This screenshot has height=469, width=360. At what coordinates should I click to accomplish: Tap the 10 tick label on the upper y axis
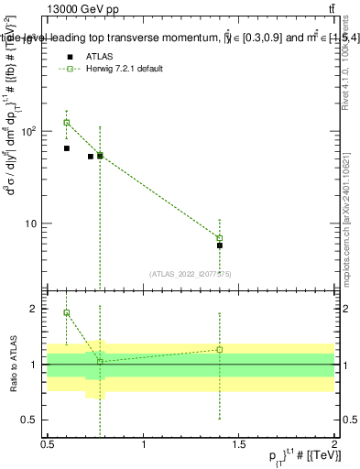(x=35, y=224)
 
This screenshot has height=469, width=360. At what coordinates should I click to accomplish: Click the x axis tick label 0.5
(x=48, y=443)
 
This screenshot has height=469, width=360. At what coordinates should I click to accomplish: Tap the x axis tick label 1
(x=144, y=443)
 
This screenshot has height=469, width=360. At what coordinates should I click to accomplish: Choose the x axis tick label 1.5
(x=239, y=443)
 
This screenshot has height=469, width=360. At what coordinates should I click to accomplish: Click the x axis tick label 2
(x=334, y=443)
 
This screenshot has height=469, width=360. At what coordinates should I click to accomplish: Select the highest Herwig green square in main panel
(x=67, y=123)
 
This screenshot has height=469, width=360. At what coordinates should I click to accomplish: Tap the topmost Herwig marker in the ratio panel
(x=67, y=312)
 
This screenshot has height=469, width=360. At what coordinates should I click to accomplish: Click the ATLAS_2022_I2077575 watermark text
(x=191, y=273)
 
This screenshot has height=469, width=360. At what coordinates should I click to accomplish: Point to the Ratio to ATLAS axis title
(x=13, y=365)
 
